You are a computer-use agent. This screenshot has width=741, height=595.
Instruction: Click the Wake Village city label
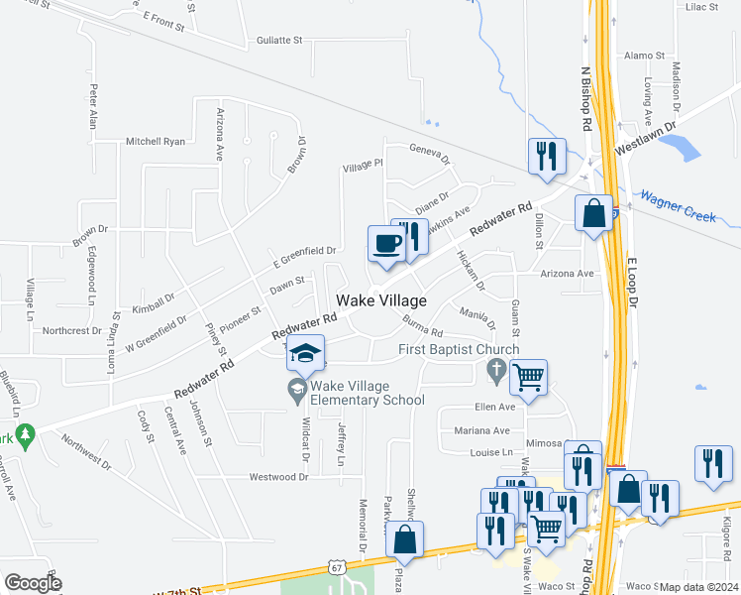click(x=381, y=300)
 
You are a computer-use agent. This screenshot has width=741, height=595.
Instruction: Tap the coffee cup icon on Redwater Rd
click(x=386, y=243)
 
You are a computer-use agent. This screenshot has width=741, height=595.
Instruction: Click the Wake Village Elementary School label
click(x=368, y=393)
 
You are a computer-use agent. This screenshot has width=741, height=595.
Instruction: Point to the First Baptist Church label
click(x=459, y=349)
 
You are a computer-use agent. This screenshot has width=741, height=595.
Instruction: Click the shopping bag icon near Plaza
click(x=404, y=539)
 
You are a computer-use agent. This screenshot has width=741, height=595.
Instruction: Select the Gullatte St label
click(x=278, y=41)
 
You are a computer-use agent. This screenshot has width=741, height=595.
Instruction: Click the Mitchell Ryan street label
click(x=156, y=142)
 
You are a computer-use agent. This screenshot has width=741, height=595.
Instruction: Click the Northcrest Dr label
click(x=72, y=330)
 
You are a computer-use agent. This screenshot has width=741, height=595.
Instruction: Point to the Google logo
click(x=34, y=583)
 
